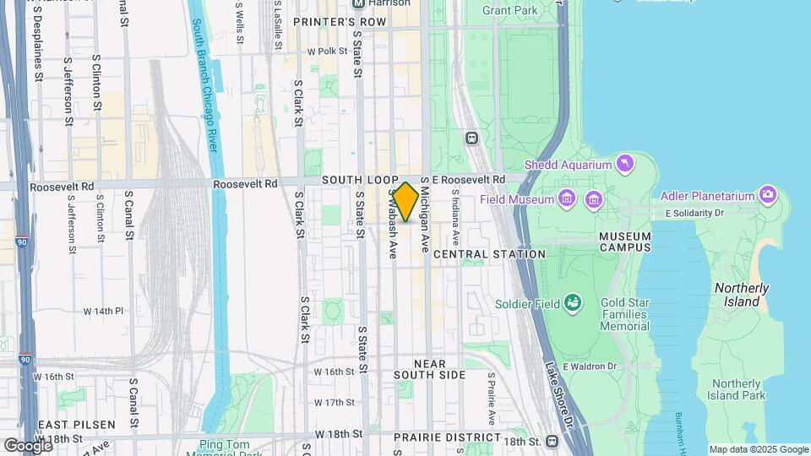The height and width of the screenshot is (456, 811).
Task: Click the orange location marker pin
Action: pyautogui.click(x=405, y=202)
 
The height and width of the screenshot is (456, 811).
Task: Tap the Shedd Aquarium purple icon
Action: pyautogui.click(x=625, y=162)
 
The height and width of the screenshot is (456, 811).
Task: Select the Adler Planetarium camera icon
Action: pyautogui.click(x=767, y=196)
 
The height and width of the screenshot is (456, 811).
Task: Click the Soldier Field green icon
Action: pyautogui.click(x=574, y=301)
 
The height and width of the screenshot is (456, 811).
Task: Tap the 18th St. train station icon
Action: pyautogui.click(x=552, y=441)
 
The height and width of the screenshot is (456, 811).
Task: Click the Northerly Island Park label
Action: pyautogui.click(x=737, y=389)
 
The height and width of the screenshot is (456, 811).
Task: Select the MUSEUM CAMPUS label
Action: pyautogui.click(x=625, y=242)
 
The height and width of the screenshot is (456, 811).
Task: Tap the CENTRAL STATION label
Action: pyautogui.click(x=489, y=253)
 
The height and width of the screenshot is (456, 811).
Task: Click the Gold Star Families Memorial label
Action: pyautogui.click(x=625, y=314)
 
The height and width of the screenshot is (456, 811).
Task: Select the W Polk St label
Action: pyautogui.click(x=327, y=52)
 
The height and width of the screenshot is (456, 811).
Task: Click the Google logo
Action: pyautogui.click(x=28, y=445)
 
